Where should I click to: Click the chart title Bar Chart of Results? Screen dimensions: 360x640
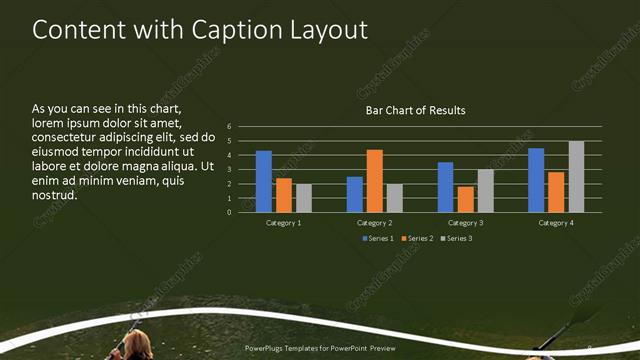(x=415, y=110)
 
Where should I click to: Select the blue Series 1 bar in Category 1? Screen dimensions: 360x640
(x=264, y=181)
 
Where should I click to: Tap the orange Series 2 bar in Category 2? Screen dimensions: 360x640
(x=375, y=181)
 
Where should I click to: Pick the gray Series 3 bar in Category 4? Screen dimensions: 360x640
(x=576, y=177)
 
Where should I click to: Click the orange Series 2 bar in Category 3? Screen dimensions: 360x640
(x=465, y=199)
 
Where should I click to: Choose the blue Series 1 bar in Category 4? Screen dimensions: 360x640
(x=536, y=180)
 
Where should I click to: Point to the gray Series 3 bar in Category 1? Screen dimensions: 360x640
(x=304, y=198)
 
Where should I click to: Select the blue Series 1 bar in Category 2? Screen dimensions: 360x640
(x=355, y=194)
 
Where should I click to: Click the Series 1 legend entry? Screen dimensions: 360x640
(x=378, y=238)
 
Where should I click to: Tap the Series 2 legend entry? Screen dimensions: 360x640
(x=416, y=238)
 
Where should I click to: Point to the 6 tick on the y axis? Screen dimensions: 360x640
(x=229, y=127)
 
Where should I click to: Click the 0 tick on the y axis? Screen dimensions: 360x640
(x=229, y=212)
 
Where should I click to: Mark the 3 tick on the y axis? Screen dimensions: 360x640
(x=229, y=170)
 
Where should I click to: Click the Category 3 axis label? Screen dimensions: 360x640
(x=465, y=222)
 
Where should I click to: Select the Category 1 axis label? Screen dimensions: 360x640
(x=284, y=222)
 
